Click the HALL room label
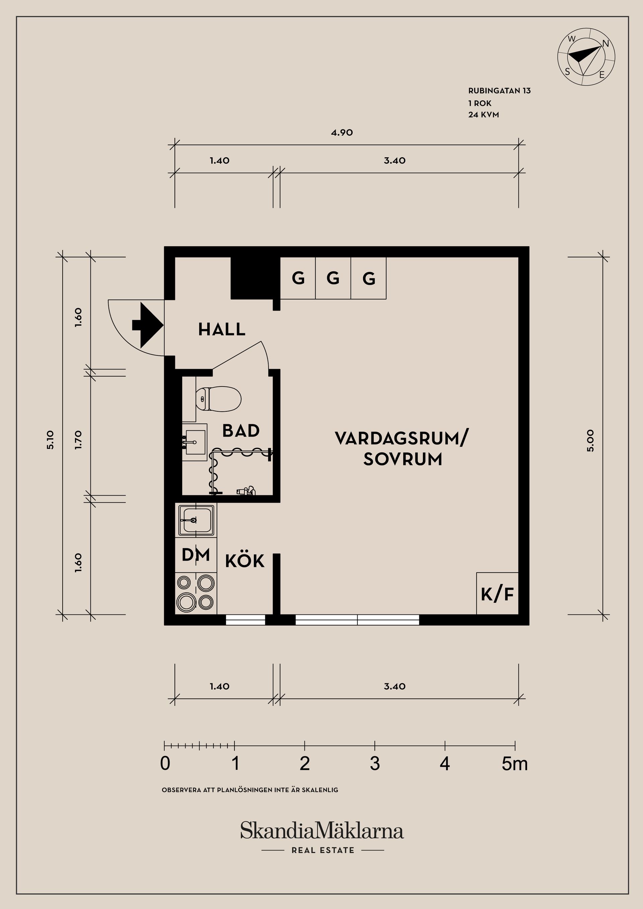tap(221, 329)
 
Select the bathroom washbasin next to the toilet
tap(195, 442)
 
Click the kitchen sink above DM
tap(196, 520)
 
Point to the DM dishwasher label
tap(195, 555)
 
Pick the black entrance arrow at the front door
tap(147, 325)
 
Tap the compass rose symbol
tap(586, 57)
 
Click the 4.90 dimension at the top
tap(342, 133)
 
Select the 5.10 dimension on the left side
tap(50, 439)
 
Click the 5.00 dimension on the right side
tap(590, 440)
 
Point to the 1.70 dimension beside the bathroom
tap(78, 439)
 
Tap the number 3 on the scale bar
tap(375, 764)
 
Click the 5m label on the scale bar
tap(514, 764)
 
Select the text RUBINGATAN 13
tap(499, 91)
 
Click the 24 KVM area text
tap(483, 115)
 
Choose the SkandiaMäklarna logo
tap(322, 830)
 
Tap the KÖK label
tap(244, 561)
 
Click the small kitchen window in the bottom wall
tap(245, 620)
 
